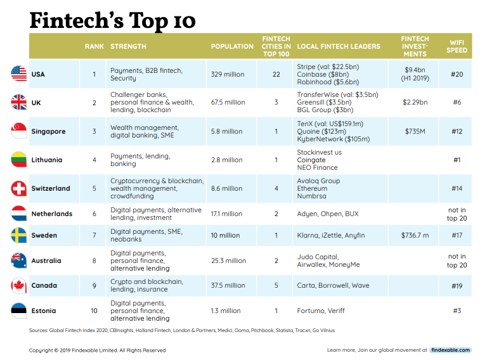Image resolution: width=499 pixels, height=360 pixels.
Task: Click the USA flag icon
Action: point(19,74)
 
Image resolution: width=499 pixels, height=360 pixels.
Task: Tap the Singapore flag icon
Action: point(19,131)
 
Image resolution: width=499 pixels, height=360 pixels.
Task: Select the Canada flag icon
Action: point(19,286)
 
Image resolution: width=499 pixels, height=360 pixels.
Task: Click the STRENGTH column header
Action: point(128,46)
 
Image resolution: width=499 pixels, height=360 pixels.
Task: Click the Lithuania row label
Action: point(47,160)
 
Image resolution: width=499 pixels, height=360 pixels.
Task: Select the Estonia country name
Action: point(44,311)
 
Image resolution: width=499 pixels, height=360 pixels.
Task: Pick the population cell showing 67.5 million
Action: point(228,102)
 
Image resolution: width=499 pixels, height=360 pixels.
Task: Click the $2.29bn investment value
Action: point(415,102)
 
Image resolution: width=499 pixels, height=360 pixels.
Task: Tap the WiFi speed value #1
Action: point(457,160)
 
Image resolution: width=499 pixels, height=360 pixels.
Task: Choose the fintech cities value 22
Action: point(276,74)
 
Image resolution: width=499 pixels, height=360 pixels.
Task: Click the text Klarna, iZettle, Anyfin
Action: point(330,235)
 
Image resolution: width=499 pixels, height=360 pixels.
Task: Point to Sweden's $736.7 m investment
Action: point(415,235)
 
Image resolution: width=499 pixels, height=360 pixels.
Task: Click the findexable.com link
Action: point(450,350)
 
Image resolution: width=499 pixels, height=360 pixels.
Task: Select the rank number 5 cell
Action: point(94,188)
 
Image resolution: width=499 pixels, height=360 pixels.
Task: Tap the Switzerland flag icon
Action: point(19,188)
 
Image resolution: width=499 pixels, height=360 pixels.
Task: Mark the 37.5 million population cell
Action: point(228,286)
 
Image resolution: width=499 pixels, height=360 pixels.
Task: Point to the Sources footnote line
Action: point(181,330)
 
